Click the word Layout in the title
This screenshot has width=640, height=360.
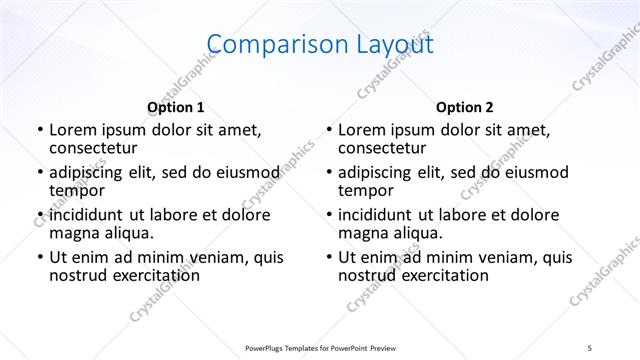tap(385, 44)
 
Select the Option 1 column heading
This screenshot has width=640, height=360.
tap(176, 107)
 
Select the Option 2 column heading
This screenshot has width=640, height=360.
tap(465, 107)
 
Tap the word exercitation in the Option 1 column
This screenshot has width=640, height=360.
tap(156, 276)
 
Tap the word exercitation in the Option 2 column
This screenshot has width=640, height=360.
tap(445, 276)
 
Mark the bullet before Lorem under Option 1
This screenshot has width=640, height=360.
tap(39, 130)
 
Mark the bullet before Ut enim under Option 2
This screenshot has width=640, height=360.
tap(328, 257)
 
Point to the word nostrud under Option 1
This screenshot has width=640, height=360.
tap(78, 276)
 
